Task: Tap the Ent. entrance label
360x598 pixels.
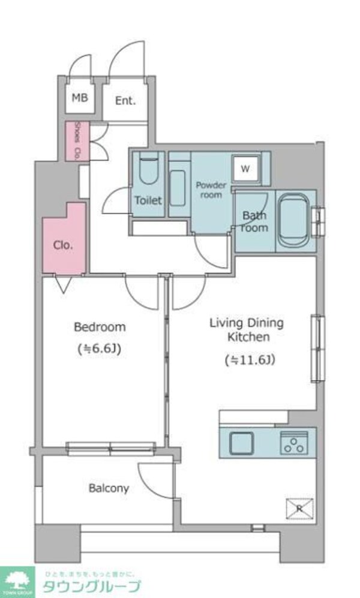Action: click(125, 101)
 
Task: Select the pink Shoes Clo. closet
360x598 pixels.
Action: click(77, 142)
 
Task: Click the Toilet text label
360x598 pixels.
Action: click(148, 200)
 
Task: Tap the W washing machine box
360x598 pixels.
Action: click(245, 169)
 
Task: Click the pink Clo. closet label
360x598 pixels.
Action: click(64, 245)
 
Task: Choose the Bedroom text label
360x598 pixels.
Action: click(100, 327)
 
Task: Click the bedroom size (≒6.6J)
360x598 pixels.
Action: click(100, 348)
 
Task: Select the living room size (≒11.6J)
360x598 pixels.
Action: click(250, 360)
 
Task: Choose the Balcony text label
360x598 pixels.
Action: click(109, 488)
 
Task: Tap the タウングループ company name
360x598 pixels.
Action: click(91, 586)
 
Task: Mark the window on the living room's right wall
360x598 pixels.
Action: click(316, 348)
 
